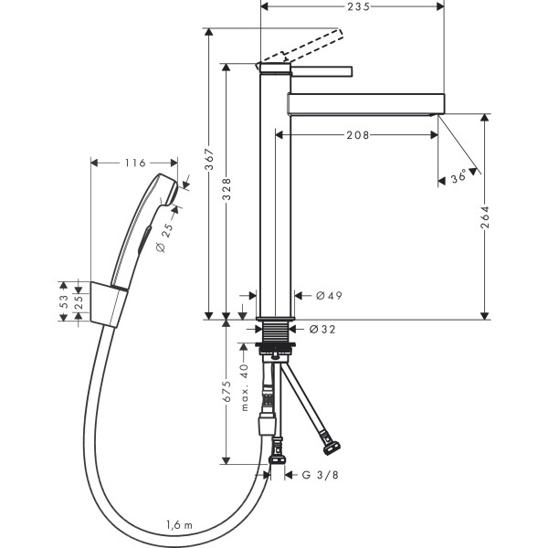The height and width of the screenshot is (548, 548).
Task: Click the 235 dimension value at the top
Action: tap(358, 6)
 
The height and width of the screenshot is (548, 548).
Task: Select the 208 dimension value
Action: tap(357, 135)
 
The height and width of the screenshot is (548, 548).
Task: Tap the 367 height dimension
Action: tap(209, 159)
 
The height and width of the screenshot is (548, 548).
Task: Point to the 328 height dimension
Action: tap(227, 189)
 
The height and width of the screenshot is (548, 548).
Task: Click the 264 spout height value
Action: tap(485, 217)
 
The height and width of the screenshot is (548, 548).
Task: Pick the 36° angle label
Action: tap(458, 176)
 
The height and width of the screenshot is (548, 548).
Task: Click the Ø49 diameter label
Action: tap(329, 296)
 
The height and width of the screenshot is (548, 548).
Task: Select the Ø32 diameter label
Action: tap(322, 329)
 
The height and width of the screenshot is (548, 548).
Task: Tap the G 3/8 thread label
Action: tap(321, 475)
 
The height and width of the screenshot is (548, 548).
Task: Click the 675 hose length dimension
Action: tap(227, 392)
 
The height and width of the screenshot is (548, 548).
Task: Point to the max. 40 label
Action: tap(244, 387)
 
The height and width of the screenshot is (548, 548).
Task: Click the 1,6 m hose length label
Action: tap(179, 524)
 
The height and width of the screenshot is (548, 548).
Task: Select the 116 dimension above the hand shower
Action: tap(135, 163)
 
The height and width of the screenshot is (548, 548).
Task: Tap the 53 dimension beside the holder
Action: tap(64, 301)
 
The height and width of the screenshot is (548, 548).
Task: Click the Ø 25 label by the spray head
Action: tap(165, 237)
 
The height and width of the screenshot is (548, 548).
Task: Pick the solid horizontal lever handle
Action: tap(321, 71)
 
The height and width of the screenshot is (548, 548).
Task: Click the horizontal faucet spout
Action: tap(366, 104)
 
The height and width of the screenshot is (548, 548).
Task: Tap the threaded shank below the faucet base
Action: tap(276, 332)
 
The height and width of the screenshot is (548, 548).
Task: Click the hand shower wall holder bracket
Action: tap(109, 304)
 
